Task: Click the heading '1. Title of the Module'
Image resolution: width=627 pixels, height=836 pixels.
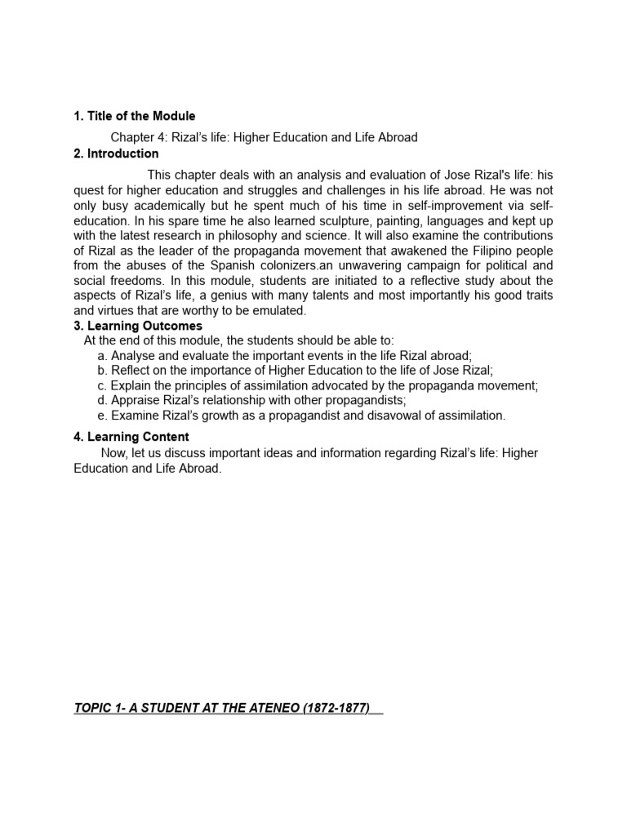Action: (x=135, y=116)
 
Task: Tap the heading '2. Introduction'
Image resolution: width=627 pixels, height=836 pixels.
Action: (x=116, y=153)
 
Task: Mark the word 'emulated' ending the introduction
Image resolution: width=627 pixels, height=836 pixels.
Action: (x=279, y=310)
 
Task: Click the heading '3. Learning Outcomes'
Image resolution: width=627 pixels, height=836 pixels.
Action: (x=138, y=326)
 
